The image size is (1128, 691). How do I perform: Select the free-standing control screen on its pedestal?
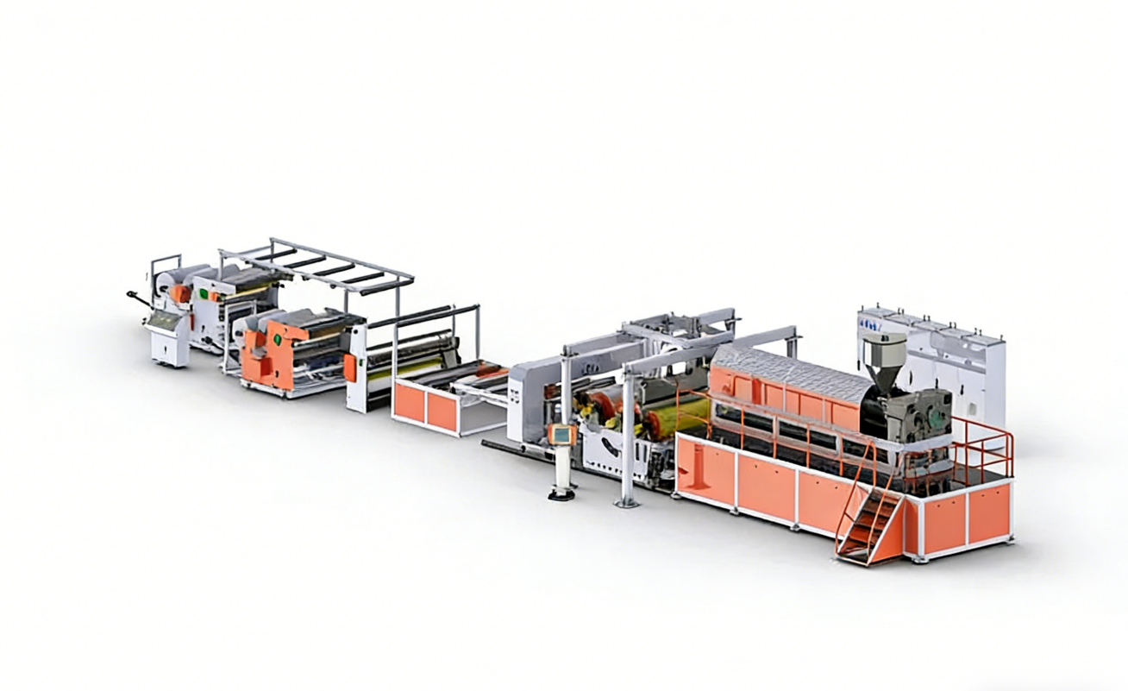coord(561,435)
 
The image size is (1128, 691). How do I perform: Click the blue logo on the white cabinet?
coord(868,324)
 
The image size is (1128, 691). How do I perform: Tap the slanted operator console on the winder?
coord(164,321)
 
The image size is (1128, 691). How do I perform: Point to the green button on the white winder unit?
coord(204,292)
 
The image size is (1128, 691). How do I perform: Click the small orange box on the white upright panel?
coord(351,367)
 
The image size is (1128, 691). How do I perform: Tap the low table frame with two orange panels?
coord(440,405)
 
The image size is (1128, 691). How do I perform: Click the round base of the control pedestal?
coord(562,493)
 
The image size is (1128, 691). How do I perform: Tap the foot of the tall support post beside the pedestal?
coord(626,502)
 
